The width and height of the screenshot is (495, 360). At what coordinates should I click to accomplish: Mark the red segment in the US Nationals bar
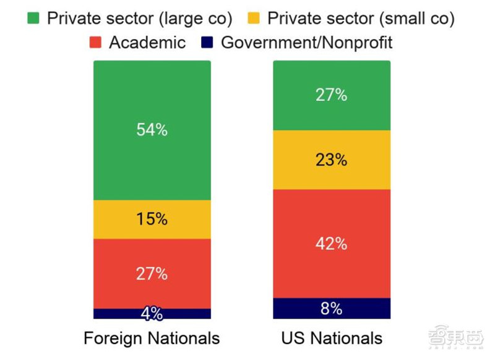coord(331,266)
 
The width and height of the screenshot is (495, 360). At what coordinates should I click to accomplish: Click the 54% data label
coord(152,131)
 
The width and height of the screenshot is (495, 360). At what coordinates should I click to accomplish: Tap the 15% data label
coord(152,219)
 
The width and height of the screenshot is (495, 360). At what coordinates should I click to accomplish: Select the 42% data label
coord(331,243)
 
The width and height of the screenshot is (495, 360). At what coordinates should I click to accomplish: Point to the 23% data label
coord(331,160)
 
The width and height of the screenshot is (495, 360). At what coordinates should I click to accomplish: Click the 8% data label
coord(331,308)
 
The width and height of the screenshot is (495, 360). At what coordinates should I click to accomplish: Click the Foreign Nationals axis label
coord(152,338)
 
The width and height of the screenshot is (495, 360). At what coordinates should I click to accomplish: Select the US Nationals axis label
coord(331,338)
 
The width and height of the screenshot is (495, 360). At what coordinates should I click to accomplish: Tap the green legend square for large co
coord(33,18)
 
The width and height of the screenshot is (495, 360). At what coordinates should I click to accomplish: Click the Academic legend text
coord(147,42)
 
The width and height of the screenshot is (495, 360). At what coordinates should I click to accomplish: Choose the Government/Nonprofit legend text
coord(307,42)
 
